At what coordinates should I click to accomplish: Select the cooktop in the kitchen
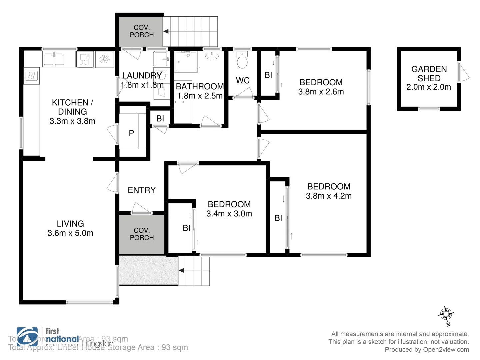pos(31,76)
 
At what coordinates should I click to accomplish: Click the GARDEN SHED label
pos(429,74)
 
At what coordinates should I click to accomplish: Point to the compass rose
pos(446,314)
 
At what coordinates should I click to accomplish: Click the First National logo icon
pos(27,337)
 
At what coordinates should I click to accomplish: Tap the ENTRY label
pos(142,190)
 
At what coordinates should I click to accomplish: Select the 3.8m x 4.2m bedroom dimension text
pos(329,196)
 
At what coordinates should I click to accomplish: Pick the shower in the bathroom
pos(186,61)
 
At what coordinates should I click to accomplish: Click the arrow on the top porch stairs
pos(166,31)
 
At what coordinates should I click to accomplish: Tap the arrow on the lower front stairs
pos(182,270)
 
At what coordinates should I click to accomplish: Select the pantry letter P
pos(131,133)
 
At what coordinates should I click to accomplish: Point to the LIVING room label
pos(70,224)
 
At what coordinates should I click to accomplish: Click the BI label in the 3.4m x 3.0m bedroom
pos(186,228)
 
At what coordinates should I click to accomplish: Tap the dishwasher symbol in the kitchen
pos(85,60)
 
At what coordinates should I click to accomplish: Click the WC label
pos(243,80)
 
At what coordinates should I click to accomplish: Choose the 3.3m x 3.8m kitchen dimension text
pos(72,121)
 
